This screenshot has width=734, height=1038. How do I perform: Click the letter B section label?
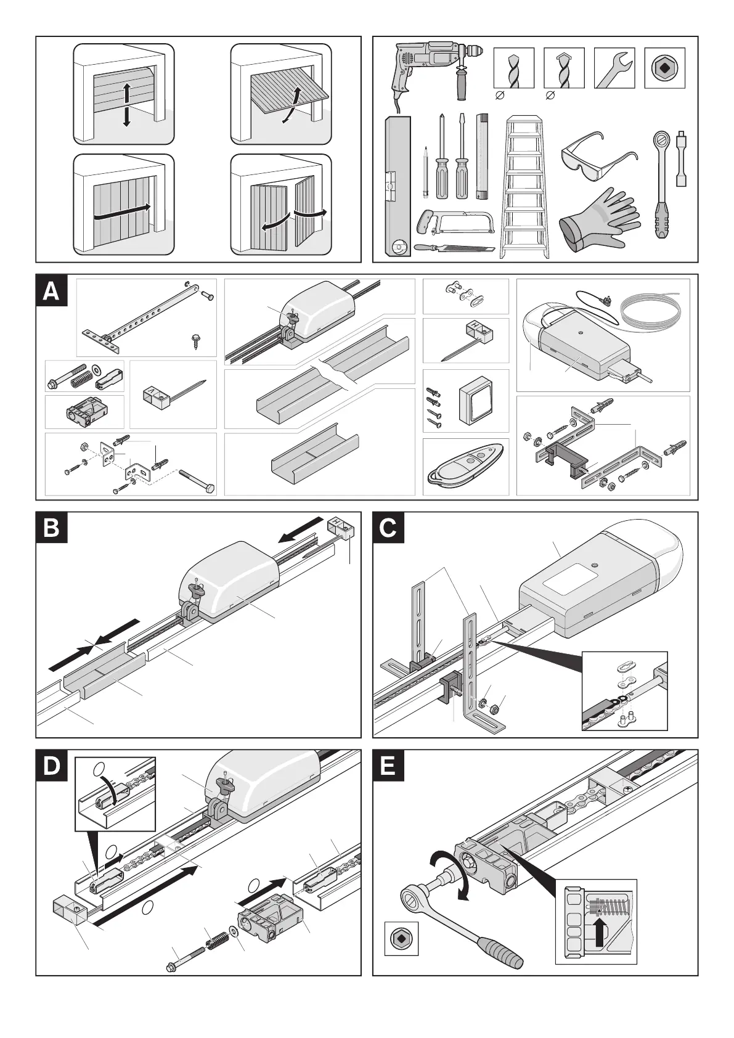[51, 529]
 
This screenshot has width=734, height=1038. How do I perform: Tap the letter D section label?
[51, 767]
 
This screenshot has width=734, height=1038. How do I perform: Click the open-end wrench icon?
[613, 67]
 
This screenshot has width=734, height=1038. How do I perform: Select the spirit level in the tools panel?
[397, 185]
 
